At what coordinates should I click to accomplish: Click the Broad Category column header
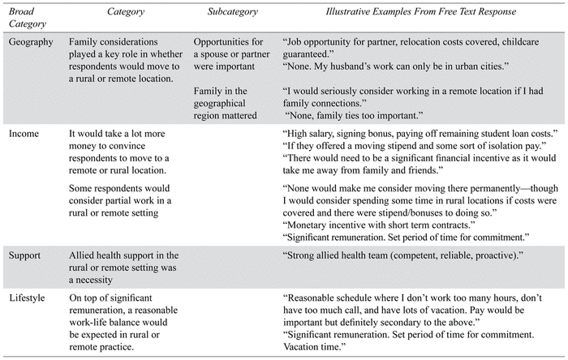pyautogui.click(x=31, y=19)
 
